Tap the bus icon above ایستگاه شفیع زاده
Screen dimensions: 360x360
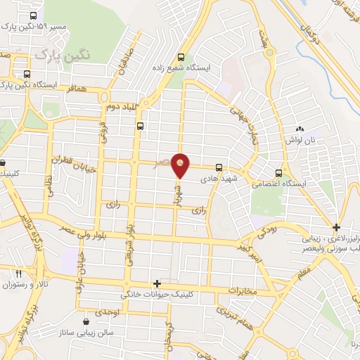coord(181,58)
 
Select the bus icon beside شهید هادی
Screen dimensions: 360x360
coord(219,168)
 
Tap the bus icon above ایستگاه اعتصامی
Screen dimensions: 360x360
coord(279,173)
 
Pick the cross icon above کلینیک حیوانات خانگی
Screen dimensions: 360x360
coord(157,283)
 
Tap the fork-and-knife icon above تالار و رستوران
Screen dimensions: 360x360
coord(19,274)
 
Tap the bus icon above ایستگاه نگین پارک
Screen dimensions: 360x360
coord(27,74)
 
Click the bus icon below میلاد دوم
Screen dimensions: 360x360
coord(141,127)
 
